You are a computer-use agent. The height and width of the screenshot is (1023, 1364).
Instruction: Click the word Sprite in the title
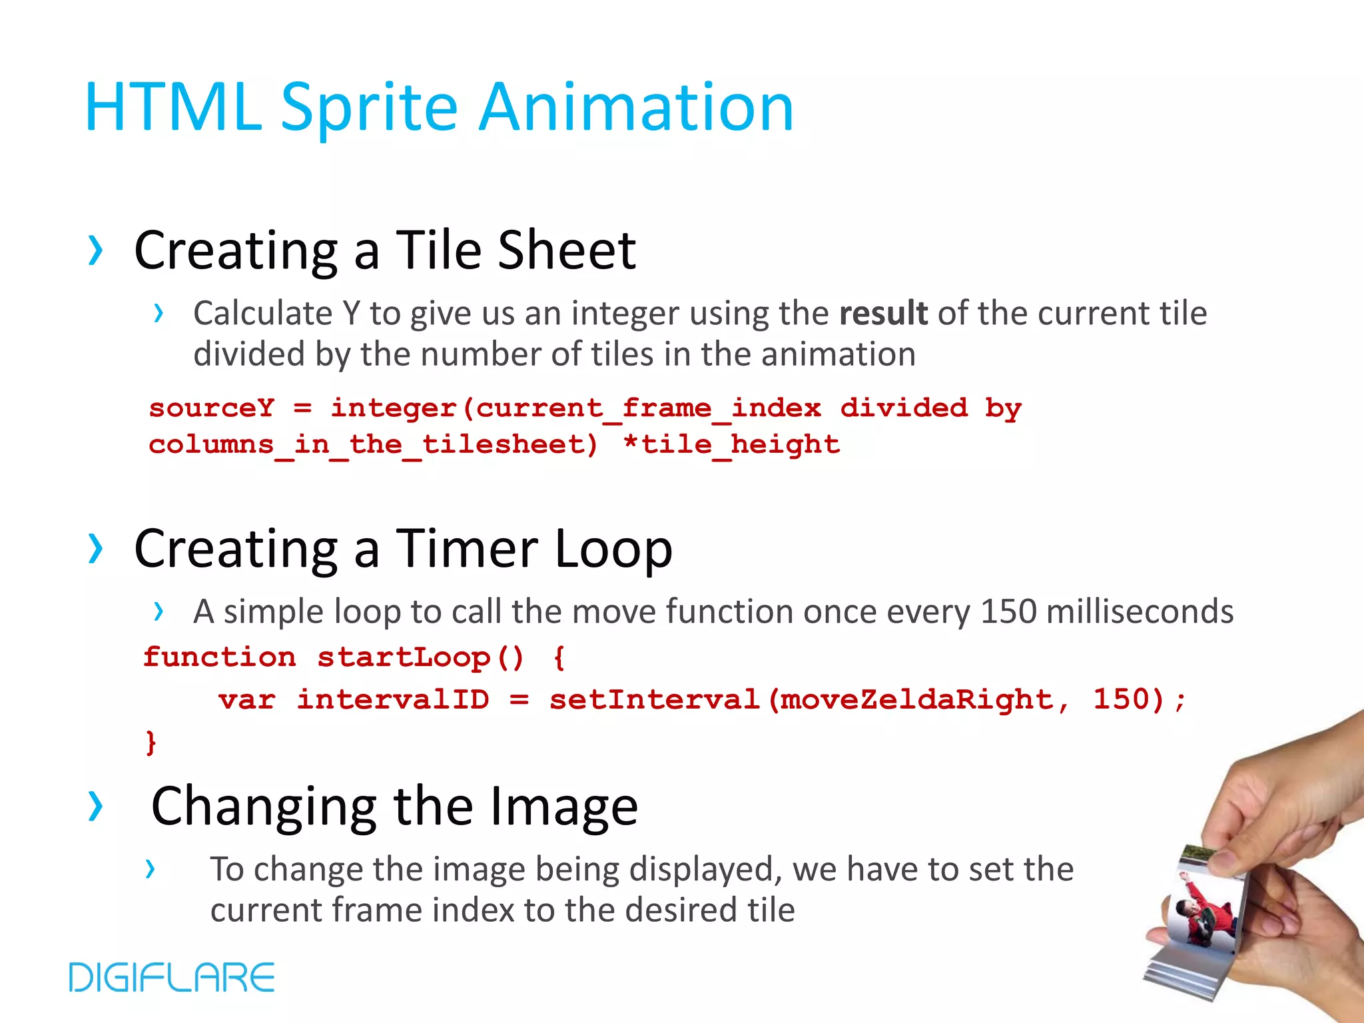[x=369, y=109]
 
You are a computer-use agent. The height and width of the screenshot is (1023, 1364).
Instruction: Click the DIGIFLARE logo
[x=172, y=977]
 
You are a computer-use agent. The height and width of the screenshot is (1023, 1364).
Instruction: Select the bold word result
[x=883, y=313]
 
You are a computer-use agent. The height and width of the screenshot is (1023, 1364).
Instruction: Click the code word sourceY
[x=211, y=408]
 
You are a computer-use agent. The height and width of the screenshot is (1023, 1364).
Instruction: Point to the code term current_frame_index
[x=649, y=408]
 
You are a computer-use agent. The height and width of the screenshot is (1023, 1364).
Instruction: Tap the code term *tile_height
[x=731, y=444]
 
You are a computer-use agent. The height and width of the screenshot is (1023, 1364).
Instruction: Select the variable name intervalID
[x=393, y=700]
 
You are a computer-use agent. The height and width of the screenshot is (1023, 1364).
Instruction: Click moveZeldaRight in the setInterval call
[x=916, y=700]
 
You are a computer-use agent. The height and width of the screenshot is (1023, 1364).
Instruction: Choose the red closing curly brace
[x=151, y=741]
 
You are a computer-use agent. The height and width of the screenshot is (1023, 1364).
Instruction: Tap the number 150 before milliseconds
[x=1008, y=611]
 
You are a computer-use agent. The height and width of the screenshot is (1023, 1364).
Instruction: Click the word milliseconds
[x=1140, y=611]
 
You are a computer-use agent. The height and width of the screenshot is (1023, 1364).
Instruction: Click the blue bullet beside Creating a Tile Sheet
[x=96, y=251]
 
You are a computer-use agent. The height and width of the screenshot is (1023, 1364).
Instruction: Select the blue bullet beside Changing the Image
[x=96, y=806]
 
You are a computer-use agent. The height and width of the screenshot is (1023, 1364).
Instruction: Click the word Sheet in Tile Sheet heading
[x=567, y=250]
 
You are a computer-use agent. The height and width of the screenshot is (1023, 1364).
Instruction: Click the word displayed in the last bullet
[x=705, y=870]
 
